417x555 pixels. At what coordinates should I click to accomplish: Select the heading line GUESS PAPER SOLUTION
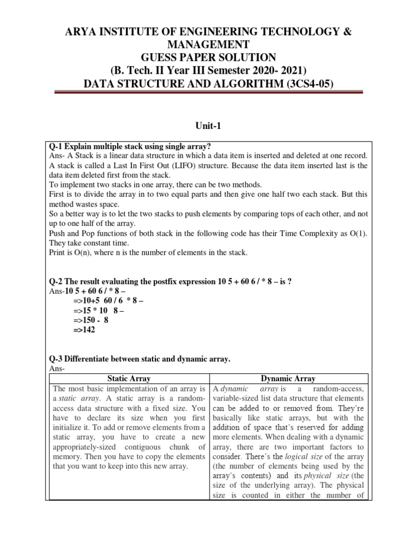click(x=208, y=58)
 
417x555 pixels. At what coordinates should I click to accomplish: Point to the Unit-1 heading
click(x=208, y=126)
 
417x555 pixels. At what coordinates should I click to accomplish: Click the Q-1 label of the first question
click(x=56, y=146)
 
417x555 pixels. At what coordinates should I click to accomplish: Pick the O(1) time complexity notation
click(x=355, y=233)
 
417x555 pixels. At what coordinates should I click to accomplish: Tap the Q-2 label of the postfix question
click(x=56, y=281)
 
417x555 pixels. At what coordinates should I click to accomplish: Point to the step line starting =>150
click(x=89, y=320)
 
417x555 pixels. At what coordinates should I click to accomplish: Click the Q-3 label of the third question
click(x=56, y=359)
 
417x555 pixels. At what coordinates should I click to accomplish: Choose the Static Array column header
click(x=129, y=378)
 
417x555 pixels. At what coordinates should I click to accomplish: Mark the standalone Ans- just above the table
click(x=57, y=369)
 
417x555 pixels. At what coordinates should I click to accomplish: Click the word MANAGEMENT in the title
click(x=208, y=45)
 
